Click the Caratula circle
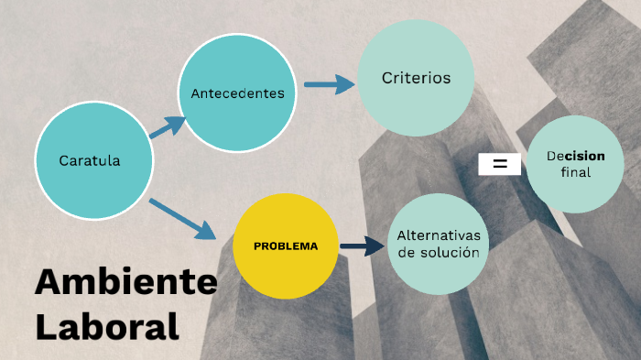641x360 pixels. point(92,161)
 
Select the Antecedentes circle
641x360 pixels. point(237,93)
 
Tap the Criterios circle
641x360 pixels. point(416,79)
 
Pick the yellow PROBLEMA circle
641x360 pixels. point(286,245)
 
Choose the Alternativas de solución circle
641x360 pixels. point(439,244)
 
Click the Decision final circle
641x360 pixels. point(575,164)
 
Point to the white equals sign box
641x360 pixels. point(500,164)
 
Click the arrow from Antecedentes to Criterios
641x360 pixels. point(328,84)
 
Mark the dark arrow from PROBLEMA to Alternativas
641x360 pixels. point(361,245)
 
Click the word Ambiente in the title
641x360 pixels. point(125,282)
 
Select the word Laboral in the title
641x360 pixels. point(106,325)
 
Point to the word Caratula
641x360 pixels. point(90,161)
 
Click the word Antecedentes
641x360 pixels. point(237,93)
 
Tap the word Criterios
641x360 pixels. point(416,79)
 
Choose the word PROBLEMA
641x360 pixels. point(286,245)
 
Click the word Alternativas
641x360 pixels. point(439,235)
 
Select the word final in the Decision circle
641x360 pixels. point(575,172)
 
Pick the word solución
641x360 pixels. point(451,253)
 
